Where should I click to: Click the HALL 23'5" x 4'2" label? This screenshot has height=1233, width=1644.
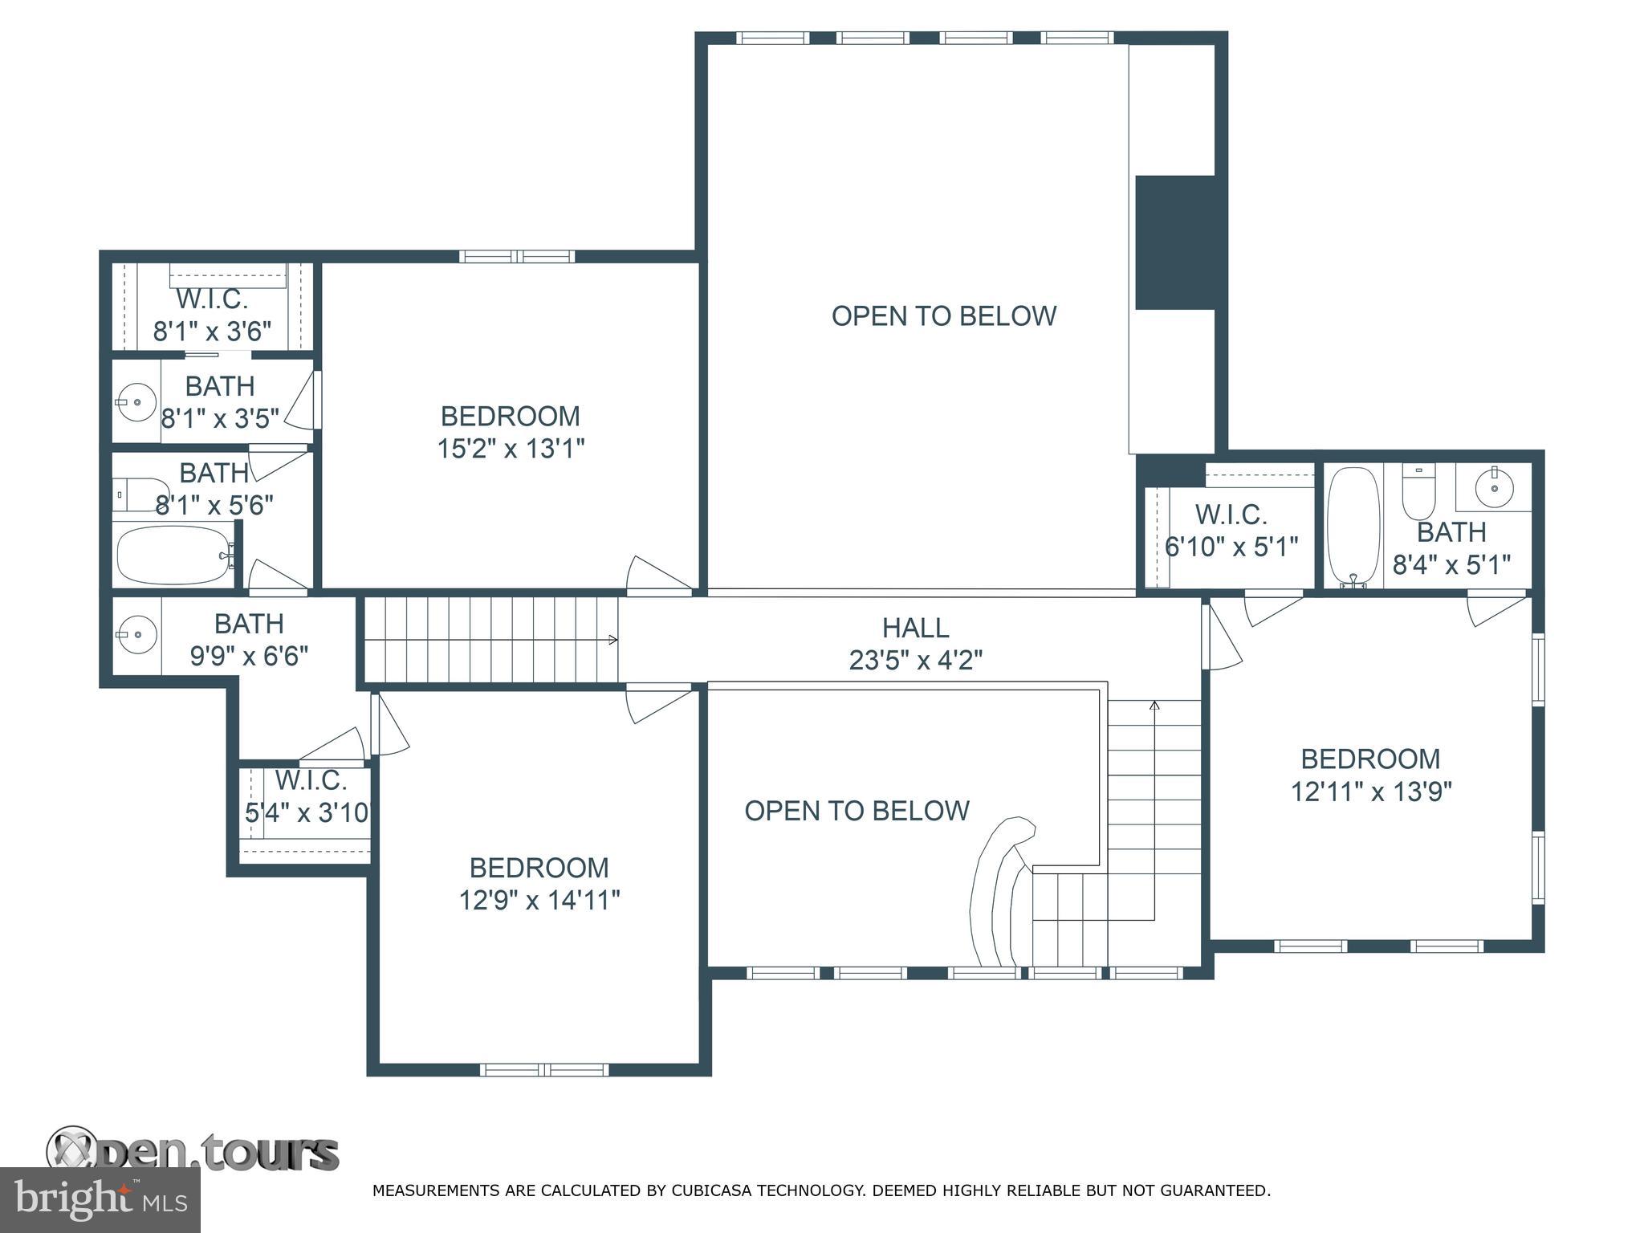(915, 643)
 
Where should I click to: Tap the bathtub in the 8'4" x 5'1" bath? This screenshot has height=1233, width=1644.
(1353, 526)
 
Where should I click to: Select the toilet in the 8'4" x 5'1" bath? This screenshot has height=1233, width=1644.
(1418, 494)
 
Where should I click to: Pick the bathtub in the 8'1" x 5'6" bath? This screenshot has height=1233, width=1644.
(173, 555)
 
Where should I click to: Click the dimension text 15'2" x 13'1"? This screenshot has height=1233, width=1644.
(511, 448)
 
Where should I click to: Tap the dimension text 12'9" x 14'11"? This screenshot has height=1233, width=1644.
(539, 900)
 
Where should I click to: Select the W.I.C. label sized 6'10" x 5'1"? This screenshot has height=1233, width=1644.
(1231, 531)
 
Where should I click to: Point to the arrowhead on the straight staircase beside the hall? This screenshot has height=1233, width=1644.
(613, 640)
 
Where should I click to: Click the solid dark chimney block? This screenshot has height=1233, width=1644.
(1174, 242)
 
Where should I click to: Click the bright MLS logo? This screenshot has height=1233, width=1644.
(100, 1200)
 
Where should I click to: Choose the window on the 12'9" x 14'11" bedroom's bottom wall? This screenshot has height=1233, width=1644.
(544, 1069)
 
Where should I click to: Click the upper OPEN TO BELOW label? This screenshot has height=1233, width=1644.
(943, 316)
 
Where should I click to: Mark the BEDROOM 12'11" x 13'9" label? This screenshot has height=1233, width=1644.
(1370, 775)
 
